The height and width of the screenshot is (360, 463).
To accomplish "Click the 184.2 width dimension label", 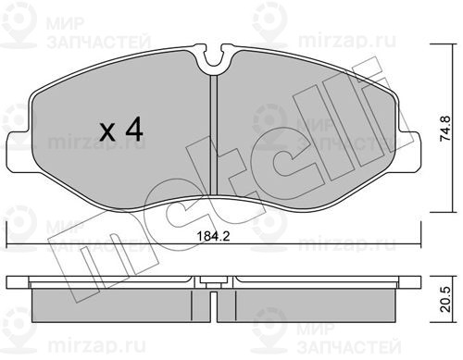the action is click(x=214, y=237).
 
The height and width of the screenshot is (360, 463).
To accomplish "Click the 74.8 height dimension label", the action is click(x=446, y=129).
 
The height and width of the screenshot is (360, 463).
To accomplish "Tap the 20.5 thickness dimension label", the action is click(x=446, y=299).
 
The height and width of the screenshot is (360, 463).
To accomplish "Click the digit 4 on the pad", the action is click(x=134, y=129).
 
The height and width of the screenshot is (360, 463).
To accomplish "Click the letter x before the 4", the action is click(x=107, y=133).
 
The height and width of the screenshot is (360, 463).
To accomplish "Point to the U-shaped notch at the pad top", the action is click(x=214, y=59).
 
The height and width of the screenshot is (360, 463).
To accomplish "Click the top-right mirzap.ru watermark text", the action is click(x=347, y=41).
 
